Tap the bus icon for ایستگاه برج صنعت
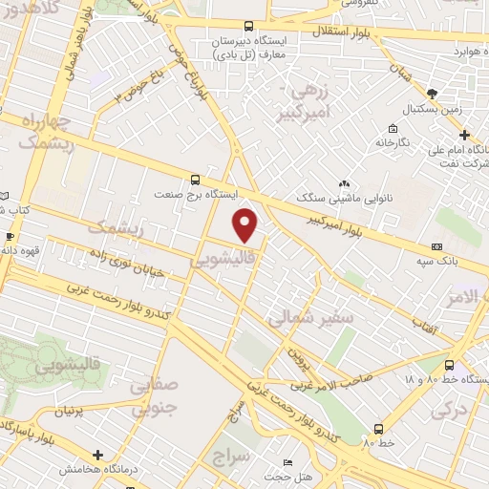(x=196, y=179)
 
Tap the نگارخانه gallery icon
(x=393, y=128)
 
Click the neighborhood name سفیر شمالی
(x=310, y=318)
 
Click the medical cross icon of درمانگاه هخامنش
(x=96, y=455)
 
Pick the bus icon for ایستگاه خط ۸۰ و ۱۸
(x=450, y=364)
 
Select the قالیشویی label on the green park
(x=73, y=364)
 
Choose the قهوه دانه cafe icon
(x=10, y=235)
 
